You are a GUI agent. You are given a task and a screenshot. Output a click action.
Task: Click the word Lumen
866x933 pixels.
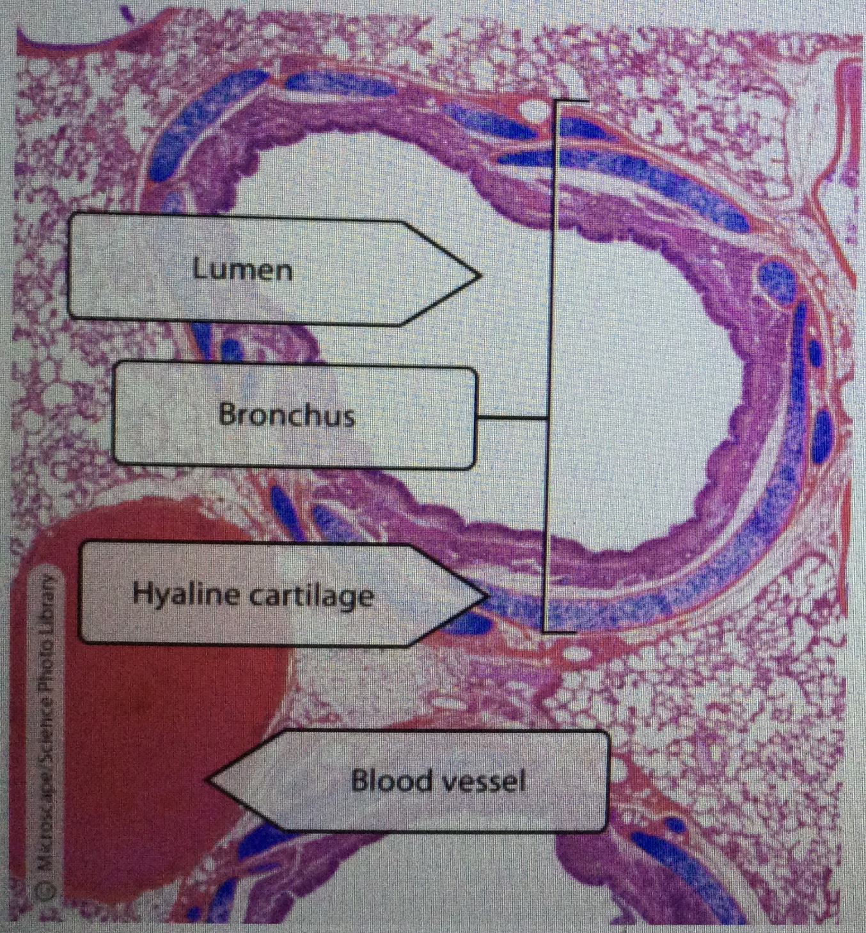coord(242,270)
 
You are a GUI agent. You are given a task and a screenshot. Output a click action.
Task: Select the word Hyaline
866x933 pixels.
coord(185,595)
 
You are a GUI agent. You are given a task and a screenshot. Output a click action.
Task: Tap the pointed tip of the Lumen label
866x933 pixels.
coord(478,276)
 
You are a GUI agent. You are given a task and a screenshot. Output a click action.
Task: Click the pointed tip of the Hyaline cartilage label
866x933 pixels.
coord(487,596)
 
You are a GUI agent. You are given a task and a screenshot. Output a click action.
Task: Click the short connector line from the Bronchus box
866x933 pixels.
coord(512,419)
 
